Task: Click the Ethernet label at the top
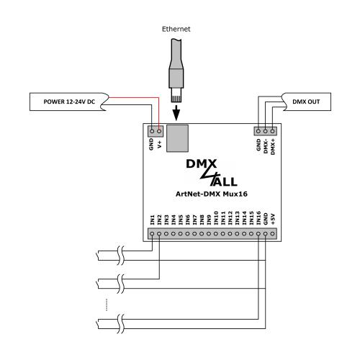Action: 176,29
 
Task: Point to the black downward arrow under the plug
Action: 176,113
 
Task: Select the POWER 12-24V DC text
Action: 69,102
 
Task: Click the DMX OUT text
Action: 306,102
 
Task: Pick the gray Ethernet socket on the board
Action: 177,138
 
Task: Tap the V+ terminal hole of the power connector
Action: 159,131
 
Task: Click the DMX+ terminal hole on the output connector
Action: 272,131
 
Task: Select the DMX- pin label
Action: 266,146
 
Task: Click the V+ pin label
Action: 159,144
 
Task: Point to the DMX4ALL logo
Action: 212,173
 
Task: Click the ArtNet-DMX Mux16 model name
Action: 212,194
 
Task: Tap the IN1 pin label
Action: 152,220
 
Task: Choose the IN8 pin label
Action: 202,220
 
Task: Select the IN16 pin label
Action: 258,218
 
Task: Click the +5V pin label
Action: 273,219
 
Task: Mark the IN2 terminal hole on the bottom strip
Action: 159,233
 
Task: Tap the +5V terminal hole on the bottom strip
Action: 272,233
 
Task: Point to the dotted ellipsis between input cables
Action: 107,305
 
